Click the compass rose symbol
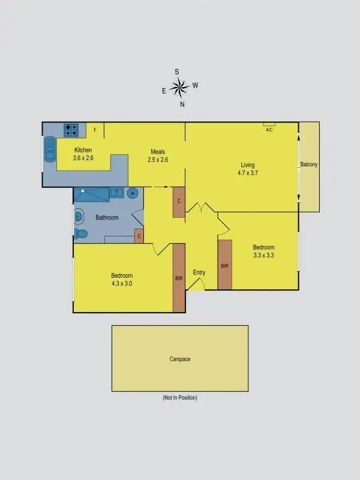(x=179, y=88)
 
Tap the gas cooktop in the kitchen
(x=72, y=130)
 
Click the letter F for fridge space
(x=95, y=130)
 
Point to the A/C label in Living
(x=269, y=129)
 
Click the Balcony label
(x=310, y=164)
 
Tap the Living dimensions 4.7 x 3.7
(x=248, y=173)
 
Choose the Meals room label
(x=157, y=152)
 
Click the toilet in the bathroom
(x=80, y=233)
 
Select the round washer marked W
(x=133, y=193)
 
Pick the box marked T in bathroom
(x=116, y=193)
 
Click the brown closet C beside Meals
(x=178, y=202)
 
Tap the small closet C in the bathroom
(x=139, y=236)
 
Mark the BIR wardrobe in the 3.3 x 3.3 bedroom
(x=224, y=265)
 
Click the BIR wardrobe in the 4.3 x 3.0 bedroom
(x=179, y=278)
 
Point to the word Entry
(x=199, y=272)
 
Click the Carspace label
(x=179, y=359)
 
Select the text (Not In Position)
(x=179, y=398)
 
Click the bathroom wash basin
(x=78, y=216)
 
